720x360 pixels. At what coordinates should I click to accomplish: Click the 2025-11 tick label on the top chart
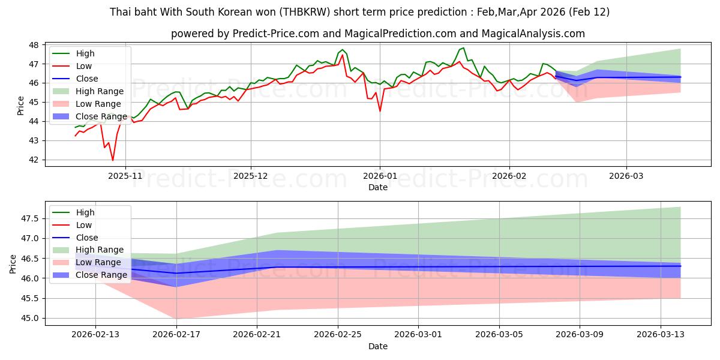coord(125,175)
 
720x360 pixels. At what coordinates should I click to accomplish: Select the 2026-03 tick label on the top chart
coord(626,175)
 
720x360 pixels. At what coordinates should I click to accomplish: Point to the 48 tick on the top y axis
coord(34,45)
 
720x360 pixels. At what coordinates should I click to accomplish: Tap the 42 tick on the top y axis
coord(34,160)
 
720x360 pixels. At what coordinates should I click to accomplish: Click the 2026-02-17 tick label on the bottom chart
coord(176,334)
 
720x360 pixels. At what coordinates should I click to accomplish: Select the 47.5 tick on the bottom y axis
coord(30,219)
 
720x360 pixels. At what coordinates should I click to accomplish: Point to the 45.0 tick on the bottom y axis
coord(30,319)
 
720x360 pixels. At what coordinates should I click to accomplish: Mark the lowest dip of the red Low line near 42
coord(112,160)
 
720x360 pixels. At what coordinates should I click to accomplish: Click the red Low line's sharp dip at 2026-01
coord(380,111)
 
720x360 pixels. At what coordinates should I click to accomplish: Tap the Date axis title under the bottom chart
coord(378,346)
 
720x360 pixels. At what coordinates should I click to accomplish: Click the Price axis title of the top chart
coord(21,105)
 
